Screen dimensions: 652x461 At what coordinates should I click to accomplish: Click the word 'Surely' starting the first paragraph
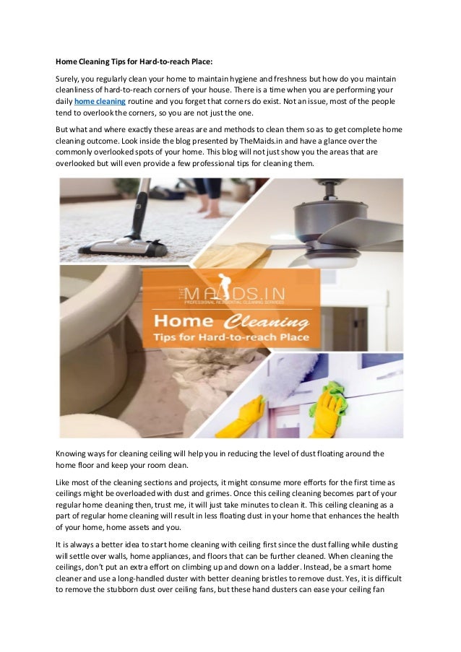pyautogui.click(x=69, y=77)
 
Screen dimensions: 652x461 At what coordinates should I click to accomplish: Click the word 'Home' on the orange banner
pyautogui.click(x=187, y=319)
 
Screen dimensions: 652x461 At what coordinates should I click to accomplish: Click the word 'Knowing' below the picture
pyautogui.click(x=74, y=453)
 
